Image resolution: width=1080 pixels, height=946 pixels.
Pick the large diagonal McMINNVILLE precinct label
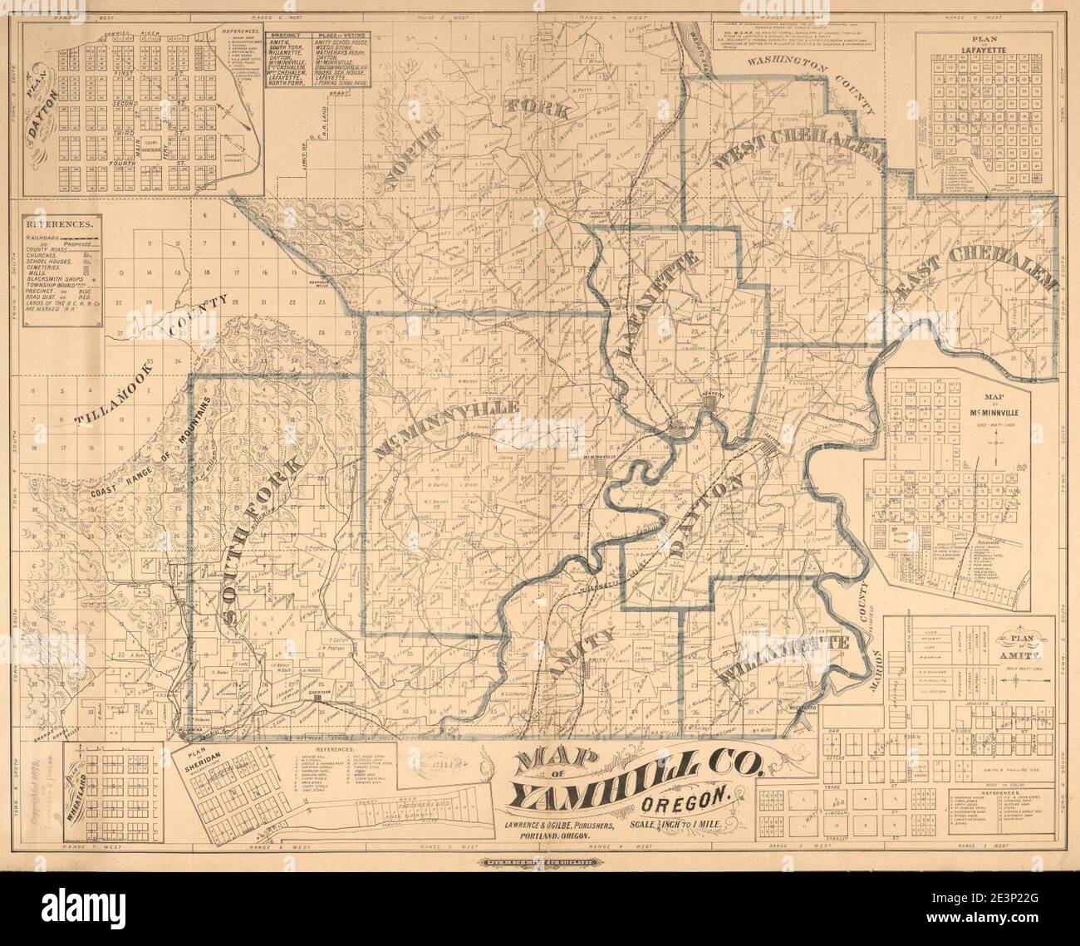pyautogui.click(x=448, y=429)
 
